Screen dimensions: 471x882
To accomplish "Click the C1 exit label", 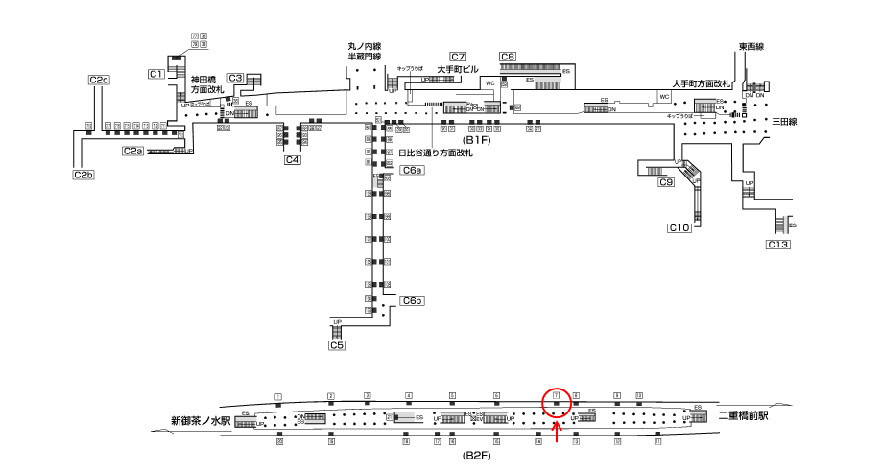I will click(x=156, y=74).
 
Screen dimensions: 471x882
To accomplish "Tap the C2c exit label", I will click(x=99, y=80).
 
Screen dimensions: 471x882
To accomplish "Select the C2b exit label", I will click(x=83, y=175).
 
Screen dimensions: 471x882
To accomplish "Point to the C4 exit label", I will click(x=294, y=160).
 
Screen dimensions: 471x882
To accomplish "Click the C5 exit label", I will click(x=336, y=345).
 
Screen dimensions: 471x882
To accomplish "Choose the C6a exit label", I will click(x=412, y=170).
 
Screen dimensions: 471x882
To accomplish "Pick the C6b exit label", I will click(x=413, y=301).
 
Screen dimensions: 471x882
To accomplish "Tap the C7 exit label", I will click(x=458, y=57).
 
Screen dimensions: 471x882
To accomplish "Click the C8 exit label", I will click(x=508, y=57).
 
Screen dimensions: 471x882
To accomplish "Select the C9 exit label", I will click(x=666, y=182).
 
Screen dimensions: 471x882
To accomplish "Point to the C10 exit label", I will click(x=679, y=227).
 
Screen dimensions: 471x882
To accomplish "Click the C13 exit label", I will click(x=777, y=246).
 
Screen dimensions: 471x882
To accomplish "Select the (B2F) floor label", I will click(x=477, y=455).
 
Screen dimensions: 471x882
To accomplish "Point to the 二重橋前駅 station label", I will click(x=749, y=416).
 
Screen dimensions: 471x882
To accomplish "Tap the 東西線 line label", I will click(x=751, y=46).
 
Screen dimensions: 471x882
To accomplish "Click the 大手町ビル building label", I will click(x=458, y=69).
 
